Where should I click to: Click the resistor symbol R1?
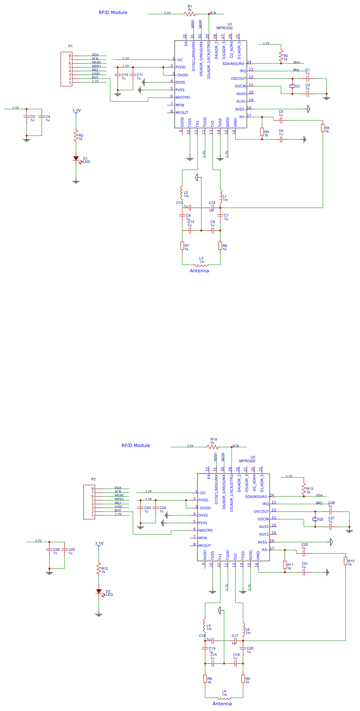pyautogui.click(x=190, y=14)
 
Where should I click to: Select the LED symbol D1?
pyautogui.click(x=76, y=158)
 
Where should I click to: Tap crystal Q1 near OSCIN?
pyautogui.click(x=292, y=86)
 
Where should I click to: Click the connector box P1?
pyautogui.click(x=66, y=69)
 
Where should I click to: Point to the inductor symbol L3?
pyautogui.click(x=201, y=265)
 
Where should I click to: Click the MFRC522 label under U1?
pyautogui.click(x=224, y=28)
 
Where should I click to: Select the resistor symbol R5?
pyautogui.click(x=323, y=128)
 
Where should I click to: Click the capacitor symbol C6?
pyautogui.click(x=281, y=139)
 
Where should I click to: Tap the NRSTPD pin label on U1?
pyautogui.click(x=183, y=98)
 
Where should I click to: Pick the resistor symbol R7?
pyautogui.click(x=182, y=246)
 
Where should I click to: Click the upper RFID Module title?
pyautogui.click(x=113, y=13)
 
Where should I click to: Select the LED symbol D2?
pyautogui.click(x=99, y=591)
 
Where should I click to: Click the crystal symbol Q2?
pyautogui.click(x=315, y=519)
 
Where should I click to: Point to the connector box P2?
pyautogui.click(x=89, y=502)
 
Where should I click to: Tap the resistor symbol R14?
pyautogui.click(x=213, y=447)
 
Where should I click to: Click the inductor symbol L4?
pyautogui.click(x=224, y=698)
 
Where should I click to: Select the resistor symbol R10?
pyautogui.click(x=346, y=561)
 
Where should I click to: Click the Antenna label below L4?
pyautogui.click(x=222, y=704)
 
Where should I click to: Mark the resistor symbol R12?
pyautogui.click(x=99, y=569)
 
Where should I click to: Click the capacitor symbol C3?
pyautogui.click(x=27, y=117)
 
